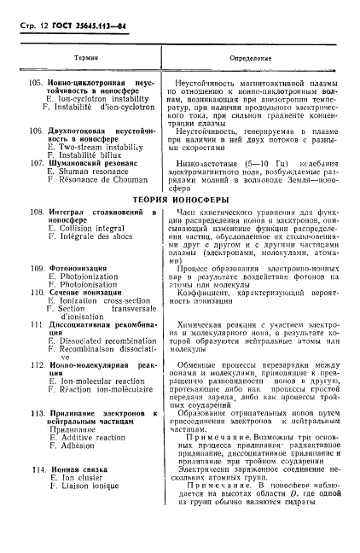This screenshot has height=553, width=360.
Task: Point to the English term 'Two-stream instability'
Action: tap(94, 148)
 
